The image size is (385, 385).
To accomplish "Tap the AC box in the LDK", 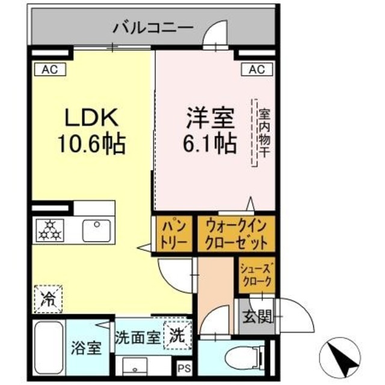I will coord(49,70).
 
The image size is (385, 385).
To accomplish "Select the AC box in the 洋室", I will coord(257,70).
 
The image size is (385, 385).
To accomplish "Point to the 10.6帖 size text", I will coord(91,143).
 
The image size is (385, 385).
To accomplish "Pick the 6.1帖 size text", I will coord(206,143).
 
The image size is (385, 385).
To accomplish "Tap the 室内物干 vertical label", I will coord(262,132).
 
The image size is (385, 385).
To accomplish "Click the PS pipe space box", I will coord(182,366).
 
